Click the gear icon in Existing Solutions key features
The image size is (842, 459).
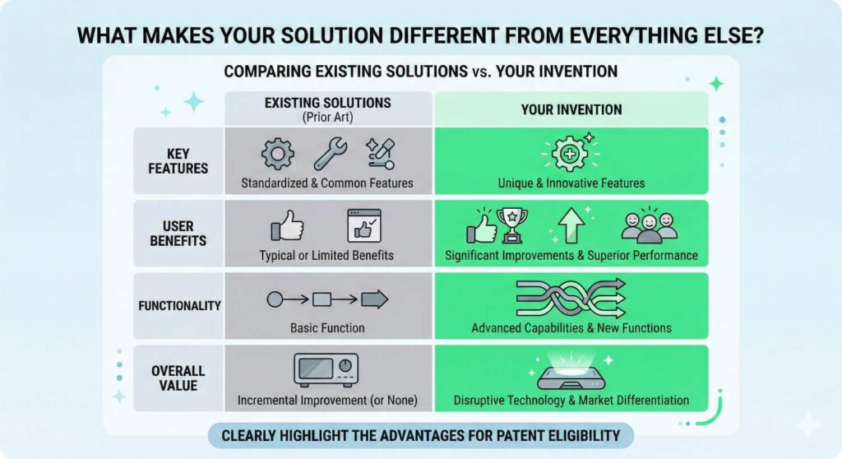277,154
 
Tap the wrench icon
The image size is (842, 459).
330,154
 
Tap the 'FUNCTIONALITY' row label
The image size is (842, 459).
178,305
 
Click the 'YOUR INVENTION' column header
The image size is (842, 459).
571,109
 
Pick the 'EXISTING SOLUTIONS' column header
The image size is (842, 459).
327,104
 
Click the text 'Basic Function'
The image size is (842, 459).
327,328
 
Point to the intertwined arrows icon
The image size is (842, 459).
571,298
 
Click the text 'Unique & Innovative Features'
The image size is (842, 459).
571,183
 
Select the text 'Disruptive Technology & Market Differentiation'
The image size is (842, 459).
571,401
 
